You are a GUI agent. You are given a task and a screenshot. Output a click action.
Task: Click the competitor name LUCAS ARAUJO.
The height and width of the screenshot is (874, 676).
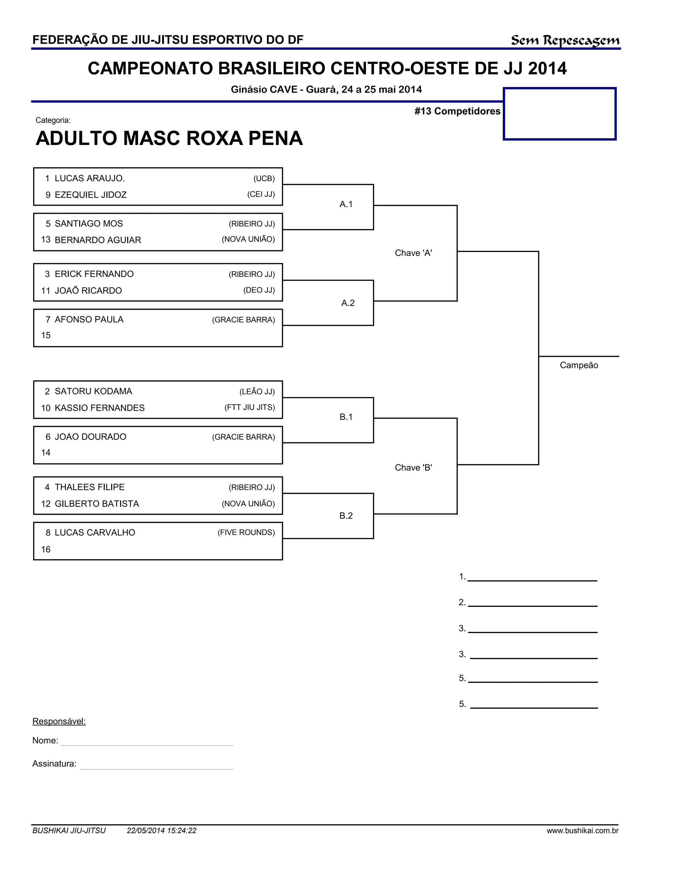90,178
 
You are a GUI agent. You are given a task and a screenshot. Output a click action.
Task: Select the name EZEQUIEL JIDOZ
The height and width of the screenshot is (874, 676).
90,195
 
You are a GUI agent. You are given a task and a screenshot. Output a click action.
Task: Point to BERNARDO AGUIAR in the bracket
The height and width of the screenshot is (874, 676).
98,240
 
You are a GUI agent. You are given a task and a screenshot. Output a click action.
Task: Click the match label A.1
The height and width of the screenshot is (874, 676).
346,204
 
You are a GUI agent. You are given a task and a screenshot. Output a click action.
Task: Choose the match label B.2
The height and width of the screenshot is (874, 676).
346,516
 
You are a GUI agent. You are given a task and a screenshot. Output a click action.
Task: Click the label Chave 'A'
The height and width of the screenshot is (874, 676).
413,253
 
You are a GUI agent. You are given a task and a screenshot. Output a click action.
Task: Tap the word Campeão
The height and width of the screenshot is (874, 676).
579,365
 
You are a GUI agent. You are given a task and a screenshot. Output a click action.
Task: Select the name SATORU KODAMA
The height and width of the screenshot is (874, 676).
93,391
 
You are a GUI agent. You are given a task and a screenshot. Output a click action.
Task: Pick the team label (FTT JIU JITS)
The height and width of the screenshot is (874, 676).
250,408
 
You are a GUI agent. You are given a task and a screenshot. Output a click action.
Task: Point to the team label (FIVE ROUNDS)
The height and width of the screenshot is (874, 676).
246,533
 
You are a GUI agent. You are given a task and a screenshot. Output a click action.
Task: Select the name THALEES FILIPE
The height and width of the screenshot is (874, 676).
90,487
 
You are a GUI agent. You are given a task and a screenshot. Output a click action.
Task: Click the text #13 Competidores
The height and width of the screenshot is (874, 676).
457,111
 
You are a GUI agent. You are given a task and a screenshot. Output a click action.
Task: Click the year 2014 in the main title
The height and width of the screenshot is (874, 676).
547,68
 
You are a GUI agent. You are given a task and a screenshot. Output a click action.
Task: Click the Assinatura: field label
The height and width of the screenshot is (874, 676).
54,764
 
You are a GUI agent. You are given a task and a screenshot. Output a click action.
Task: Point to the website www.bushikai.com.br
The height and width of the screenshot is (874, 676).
582,830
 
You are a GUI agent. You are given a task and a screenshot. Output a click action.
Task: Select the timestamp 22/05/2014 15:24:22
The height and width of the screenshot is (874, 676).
161,830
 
